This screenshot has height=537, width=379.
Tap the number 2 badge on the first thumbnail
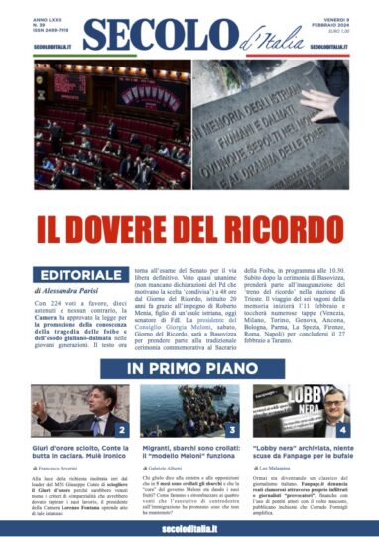[120, 430]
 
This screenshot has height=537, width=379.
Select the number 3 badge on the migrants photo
[231, 430]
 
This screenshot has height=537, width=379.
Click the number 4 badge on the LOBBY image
[342, 430]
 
